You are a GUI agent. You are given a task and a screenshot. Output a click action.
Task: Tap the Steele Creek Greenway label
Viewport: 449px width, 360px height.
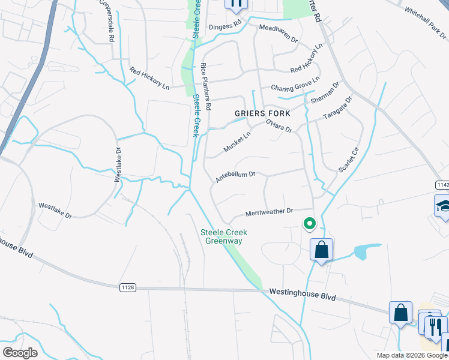point(224,236)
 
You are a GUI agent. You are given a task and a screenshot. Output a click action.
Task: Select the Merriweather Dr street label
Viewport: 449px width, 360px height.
point(269,211)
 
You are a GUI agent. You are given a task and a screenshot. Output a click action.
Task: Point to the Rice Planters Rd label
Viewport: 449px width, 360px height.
point(206,86)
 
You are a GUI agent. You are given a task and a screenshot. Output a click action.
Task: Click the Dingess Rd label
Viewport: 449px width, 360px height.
point(224,26)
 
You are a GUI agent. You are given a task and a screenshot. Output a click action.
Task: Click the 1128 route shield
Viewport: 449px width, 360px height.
point(128,287)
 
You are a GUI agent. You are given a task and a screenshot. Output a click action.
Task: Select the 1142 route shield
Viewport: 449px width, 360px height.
point(442,184)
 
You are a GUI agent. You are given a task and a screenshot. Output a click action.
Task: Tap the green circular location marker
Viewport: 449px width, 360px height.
point(310,224)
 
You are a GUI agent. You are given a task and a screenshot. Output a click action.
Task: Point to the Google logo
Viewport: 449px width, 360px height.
point(20,353)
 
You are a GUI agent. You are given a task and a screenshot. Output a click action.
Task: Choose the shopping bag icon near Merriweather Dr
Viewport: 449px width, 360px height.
point(322,249)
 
